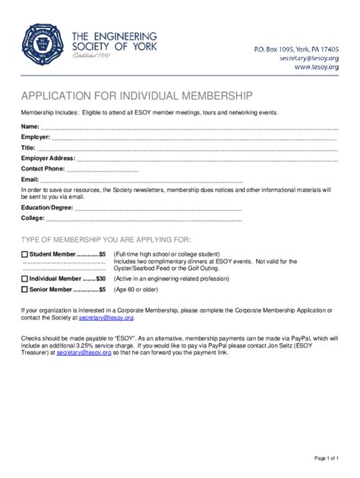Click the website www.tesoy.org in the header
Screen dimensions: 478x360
point(318,67)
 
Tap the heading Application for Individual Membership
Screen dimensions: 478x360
point(131,96)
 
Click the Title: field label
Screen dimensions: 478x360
point(28,147)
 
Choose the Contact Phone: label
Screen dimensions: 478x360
point(43,168)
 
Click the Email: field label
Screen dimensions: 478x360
point(30,179)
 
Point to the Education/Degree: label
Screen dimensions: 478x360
point(47,207)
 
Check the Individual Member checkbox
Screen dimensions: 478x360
point(24,279)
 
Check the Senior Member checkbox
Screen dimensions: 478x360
point(24,290)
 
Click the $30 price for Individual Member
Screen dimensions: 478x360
point(100,279)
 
